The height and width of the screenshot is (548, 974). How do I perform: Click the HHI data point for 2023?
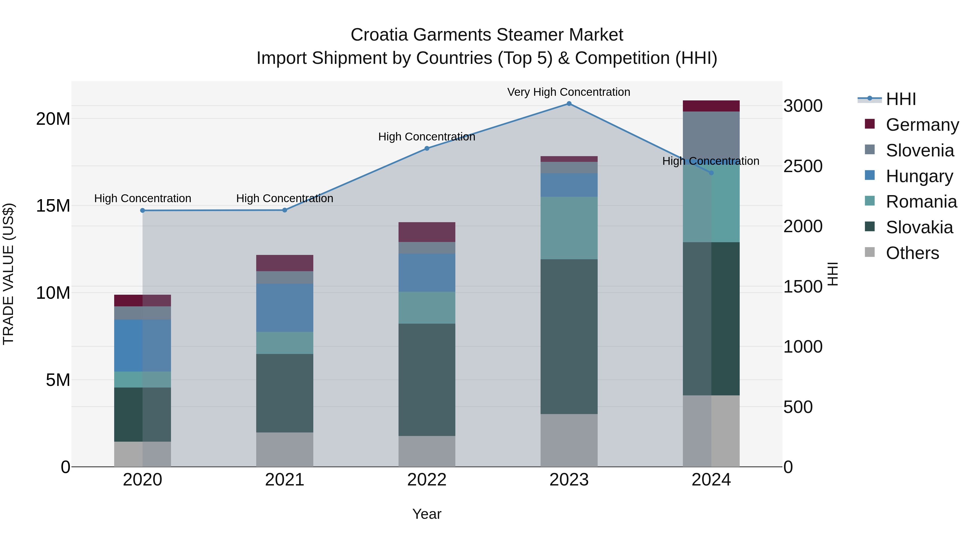(x=569, y=104)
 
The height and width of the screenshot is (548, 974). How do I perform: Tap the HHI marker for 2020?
(x=143, y=211)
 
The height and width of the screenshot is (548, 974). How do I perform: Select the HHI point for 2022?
(x=427, y=149)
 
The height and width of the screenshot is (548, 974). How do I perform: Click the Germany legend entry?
(x=922, y=125)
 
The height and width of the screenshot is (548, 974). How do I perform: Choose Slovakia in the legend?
(x=919, y=228)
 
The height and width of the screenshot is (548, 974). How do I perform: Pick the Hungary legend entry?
(x=919, y=176)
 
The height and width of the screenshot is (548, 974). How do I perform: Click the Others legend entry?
(x=912, y=253)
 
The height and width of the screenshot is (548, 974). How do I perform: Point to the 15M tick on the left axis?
(x=53, y=206)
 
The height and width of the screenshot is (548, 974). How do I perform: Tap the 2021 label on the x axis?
(x=285, y=480)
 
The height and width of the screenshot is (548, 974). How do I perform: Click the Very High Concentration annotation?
(x=569, y=92)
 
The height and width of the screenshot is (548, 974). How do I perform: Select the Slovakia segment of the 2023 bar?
(x=569, y=337)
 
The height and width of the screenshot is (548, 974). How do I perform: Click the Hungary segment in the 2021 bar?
(x=285, y=308)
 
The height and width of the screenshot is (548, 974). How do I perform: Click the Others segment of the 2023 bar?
(x=569, y=440)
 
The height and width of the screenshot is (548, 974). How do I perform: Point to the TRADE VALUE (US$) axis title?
(x=8, y=274)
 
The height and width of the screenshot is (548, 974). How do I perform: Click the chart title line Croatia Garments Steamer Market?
(x=487, y=35)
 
